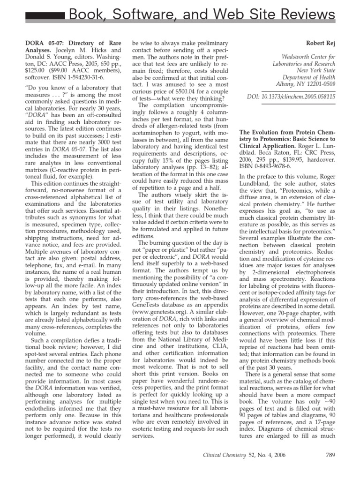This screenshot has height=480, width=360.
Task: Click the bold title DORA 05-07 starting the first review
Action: point(35,42)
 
